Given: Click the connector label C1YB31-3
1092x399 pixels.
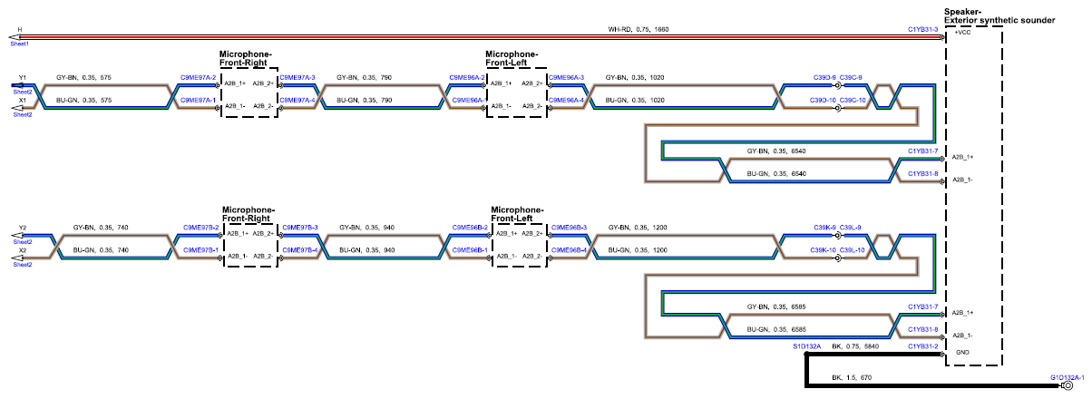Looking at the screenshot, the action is pyautogui.click(x=922, y=29).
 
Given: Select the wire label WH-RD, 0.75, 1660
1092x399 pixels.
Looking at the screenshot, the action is pyautogui.click(x=639, y=29).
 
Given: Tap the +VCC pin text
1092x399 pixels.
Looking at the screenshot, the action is pyautogui.click(x=962, y=33).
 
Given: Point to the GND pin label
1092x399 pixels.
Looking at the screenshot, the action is pyautogui.click(x=962, y=352).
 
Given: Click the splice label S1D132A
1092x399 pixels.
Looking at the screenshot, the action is pyautogui.click(x=807, y=346).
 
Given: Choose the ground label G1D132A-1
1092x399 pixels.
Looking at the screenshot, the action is pyautogui.click(x=1068, y=377).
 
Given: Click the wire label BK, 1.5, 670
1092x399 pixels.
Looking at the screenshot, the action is pyautogui.click(x=852, y=377).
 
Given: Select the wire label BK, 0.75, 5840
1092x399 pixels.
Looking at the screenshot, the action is pyautogui.click(x=855, y=346).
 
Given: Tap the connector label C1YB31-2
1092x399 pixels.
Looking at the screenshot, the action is pyautogui.click(x=922, y=346).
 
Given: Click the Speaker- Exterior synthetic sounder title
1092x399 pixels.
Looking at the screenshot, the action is pyautogui.click(x=999, y=16).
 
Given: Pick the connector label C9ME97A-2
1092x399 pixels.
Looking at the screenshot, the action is pyautogui.click(x=198, y=77).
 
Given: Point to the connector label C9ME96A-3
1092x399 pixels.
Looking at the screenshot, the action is pyautogui.click(x=567, y=77).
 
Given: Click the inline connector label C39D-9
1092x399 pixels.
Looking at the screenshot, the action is pyautogui.click(x=824, y=77).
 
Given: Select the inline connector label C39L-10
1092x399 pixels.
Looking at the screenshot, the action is pyautogui.click(x=853, y=250).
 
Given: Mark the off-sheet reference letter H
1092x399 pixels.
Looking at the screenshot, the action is pyautogui.click(x=20, y=30).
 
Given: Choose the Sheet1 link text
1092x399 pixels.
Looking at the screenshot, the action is pyautogui.click(x=20, y=44).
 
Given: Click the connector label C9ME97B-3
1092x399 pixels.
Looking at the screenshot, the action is pyautogui.click(x=300, y=228).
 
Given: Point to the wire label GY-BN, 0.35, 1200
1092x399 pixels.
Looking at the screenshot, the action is pyautogui.click(x=638, y=228).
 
